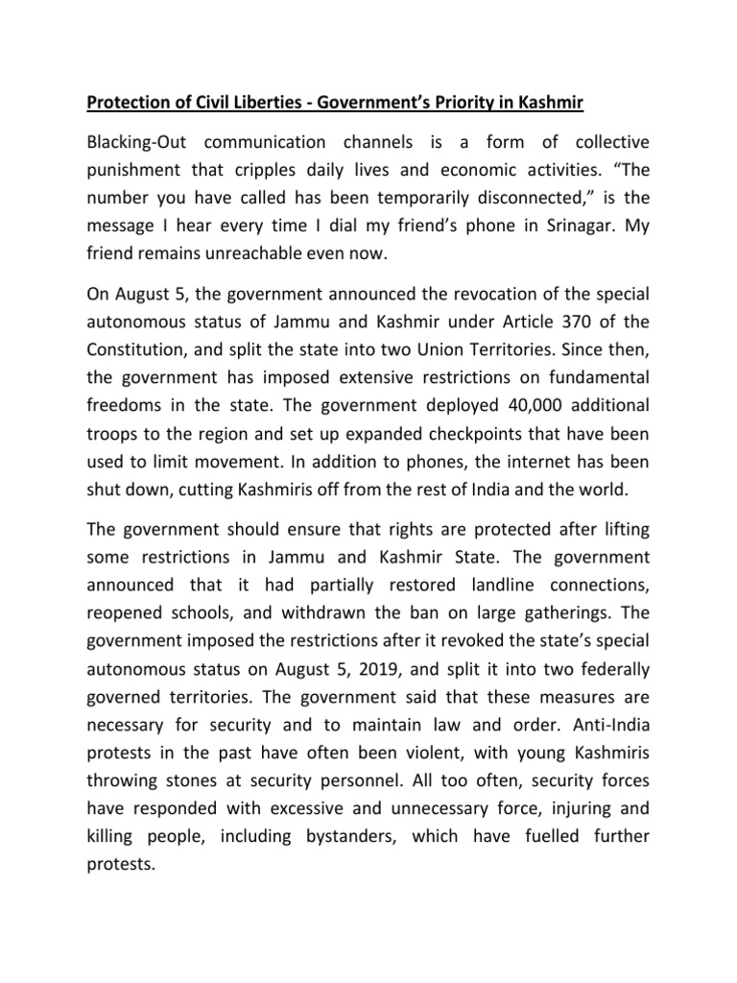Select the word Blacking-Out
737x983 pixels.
pyautogui.click(x=143, y=143)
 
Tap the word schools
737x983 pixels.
pyautogui.click(x=204, y=627)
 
